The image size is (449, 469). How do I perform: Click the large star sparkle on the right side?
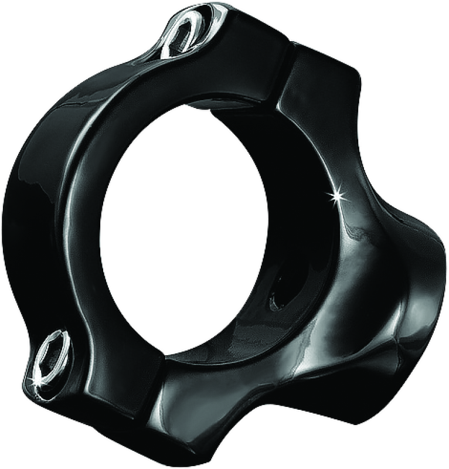tap(336, 195)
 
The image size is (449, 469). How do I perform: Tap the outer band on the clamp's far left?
tap(29, 223)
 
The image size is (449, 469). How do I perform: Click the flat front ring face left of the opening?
tap(88, 235)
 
